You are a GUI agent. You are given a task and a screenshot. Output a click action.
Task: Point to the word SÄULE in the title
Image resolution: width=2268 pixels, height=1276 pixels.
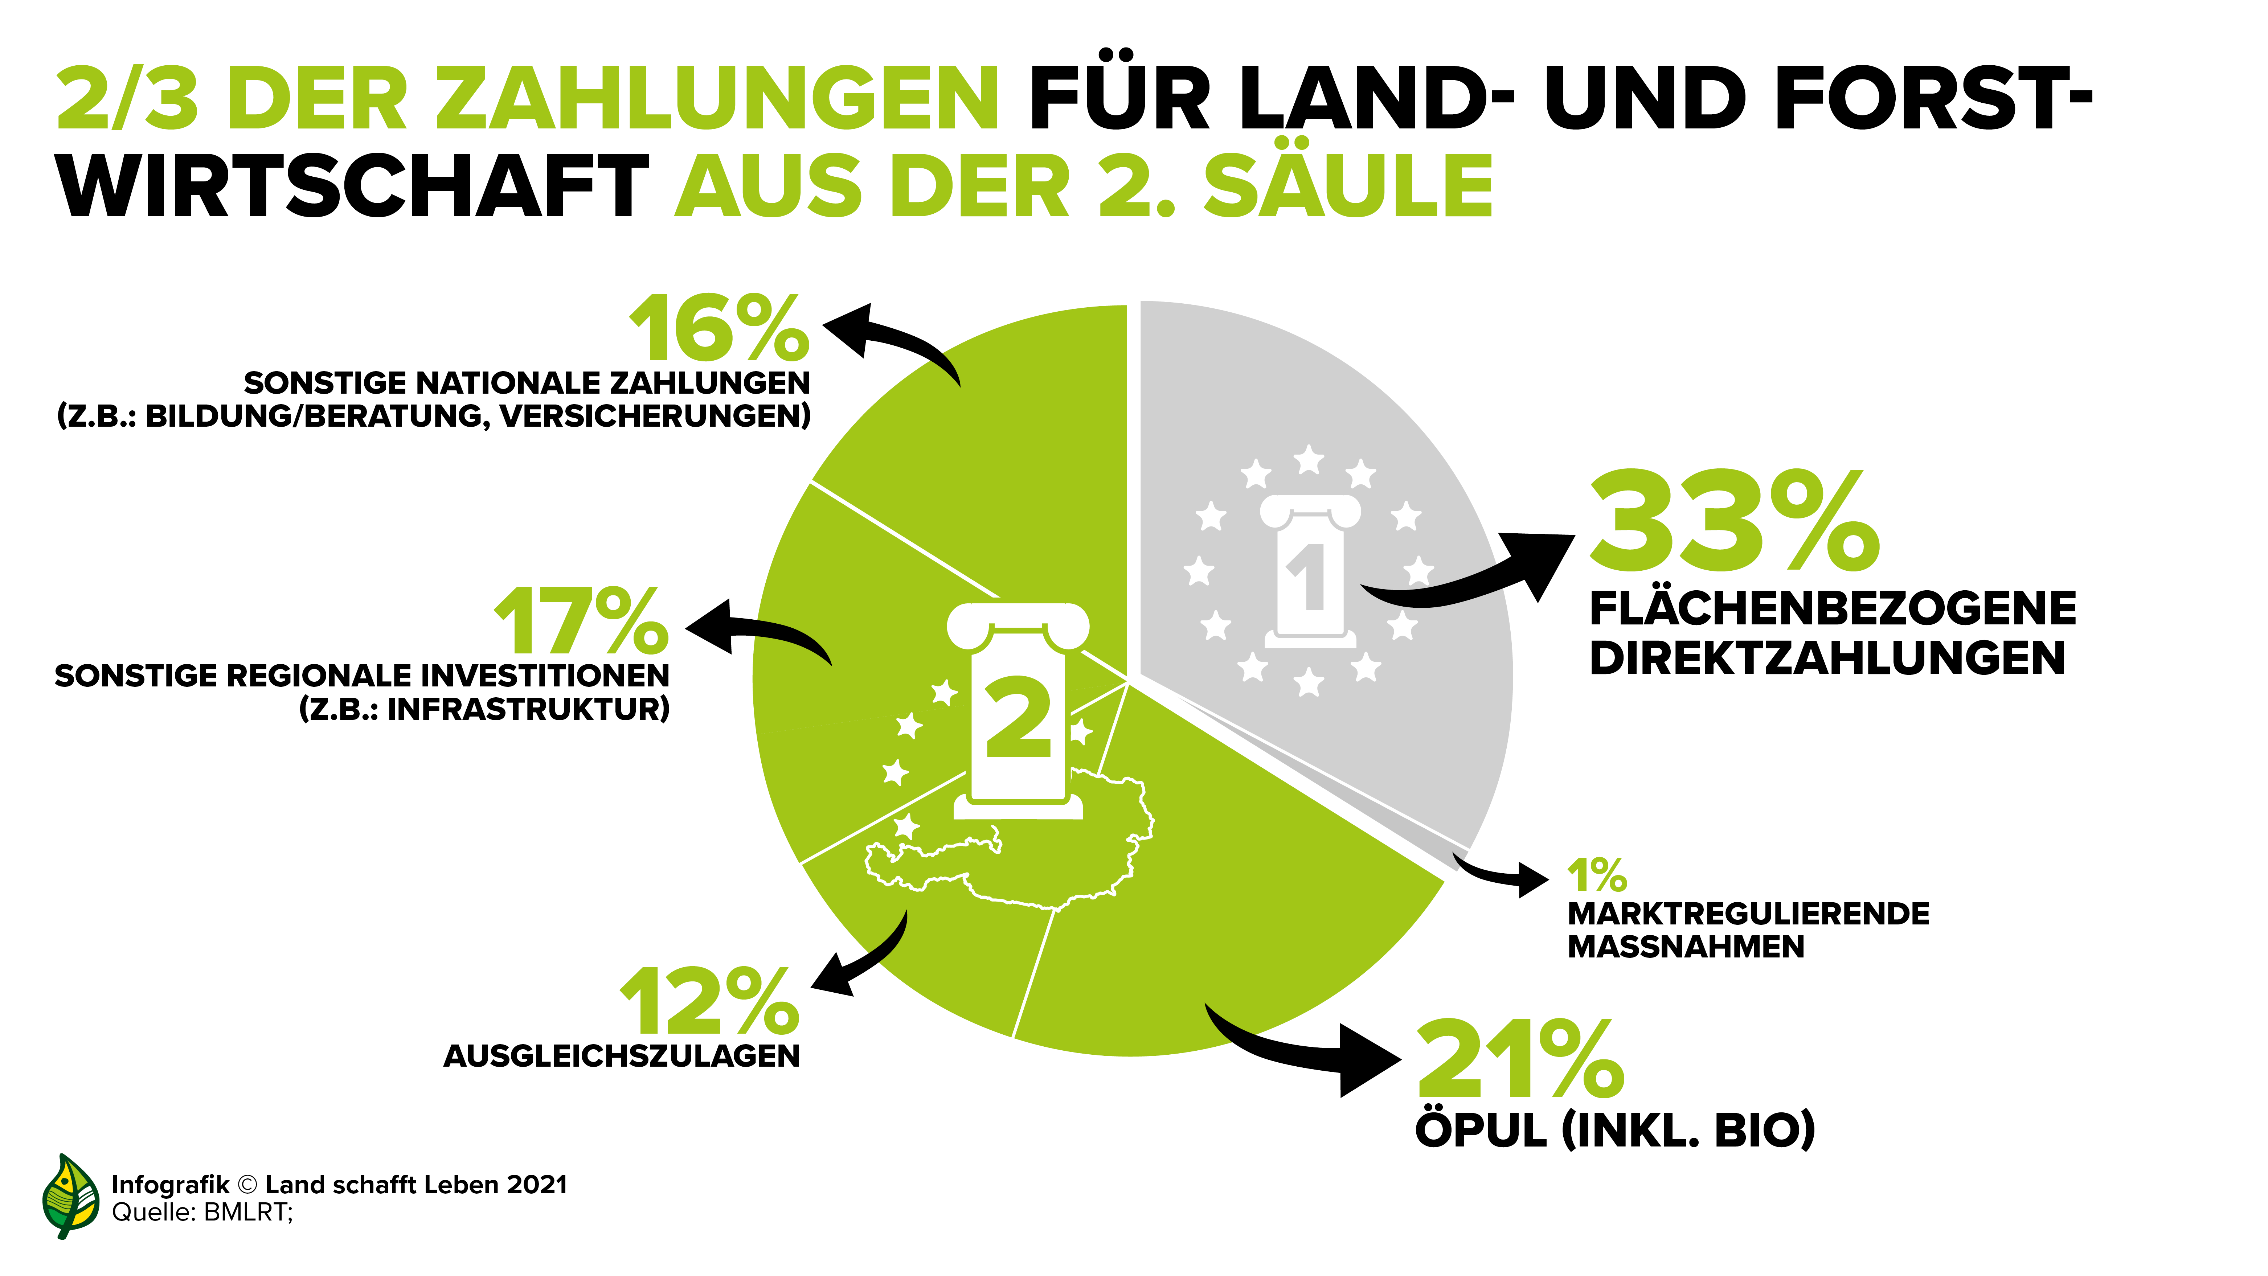coord(1347,186)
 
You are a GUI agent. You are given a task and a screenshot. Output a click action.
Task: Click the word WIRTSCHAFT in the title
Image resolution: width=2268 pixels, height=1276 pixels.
coord(352,186)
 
